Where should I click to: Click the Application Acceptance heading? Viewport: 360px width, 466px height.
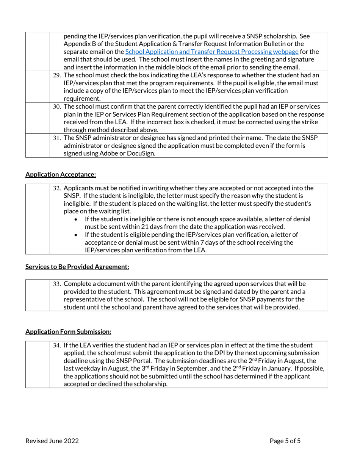click(61, 175)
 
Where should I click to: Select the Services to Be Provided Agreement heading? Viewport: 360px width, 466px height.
click(77, 267)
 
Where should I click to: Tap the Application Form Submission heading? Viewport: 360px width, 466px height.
click(68, 332)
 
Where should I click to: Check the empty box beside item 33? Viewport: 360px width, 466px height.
click(38, 295)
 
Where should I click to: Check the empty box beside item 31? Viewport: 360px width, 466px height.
click(38, 145)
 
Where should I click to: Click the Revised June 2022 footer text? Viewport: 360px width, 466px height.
click(52, 441)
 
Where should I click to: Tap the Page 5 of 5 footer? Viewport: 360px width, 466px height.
click(285, 441)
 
